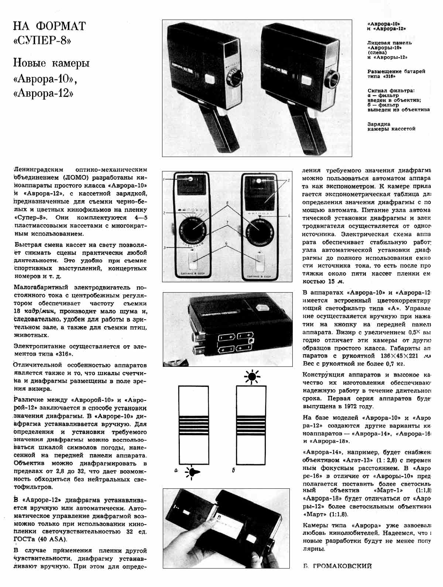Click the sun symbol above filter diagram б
coord(252,376)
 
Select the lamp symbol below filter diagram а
coord(193,472)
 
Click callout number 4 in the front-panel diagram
coord(289,215)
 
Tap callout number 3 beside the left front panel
coord(165,248)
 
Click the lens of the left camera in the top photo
coord(233,78)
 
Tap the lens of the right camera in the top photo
coord(332,78)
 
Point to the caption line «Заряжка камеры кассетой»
coord(391,126)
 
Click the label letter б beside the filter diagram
coord(234,470)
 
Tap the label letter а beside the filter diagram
coord(176,470)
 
